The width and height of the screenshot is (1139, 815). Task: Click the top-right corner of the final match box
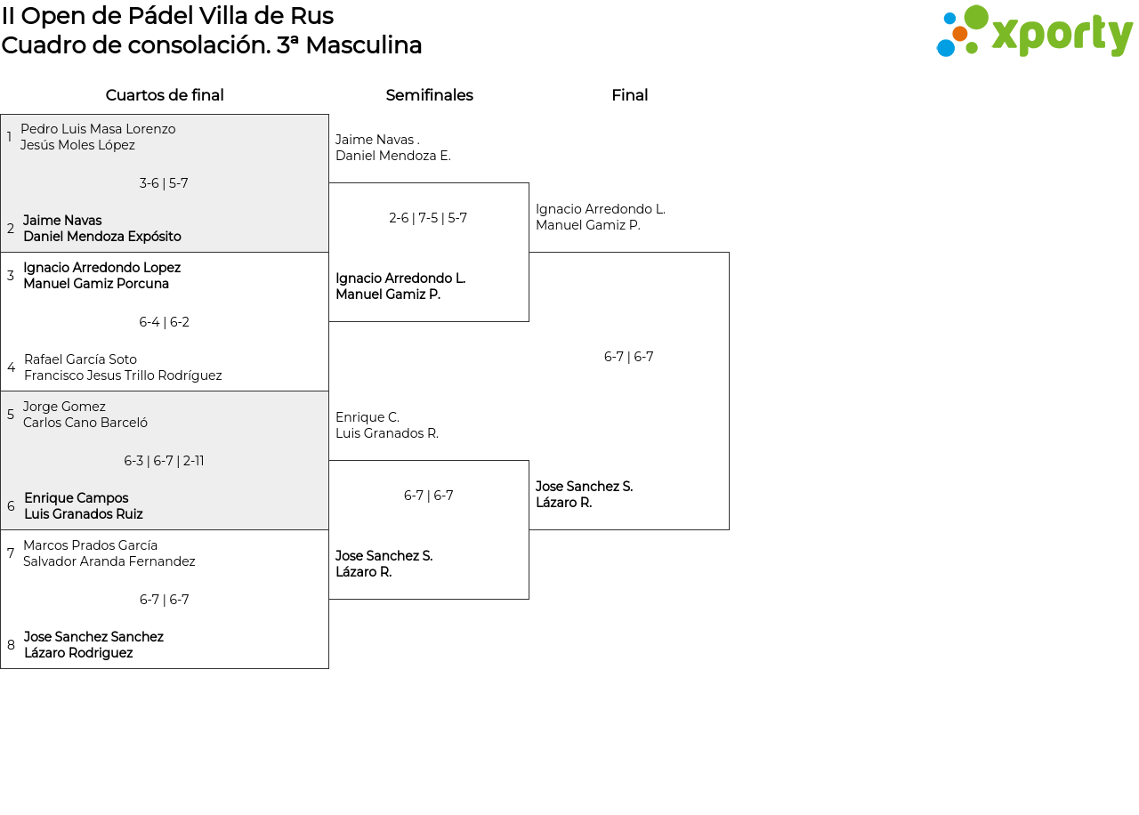point(729,252)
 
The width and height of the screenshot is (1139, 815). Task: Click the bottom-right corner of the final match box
point(729,529)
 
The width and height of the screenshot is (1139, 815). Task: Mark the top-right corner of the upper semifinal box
point(529,183)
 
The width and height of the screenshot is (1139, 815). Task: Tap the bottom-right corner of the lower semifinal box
point(529,599)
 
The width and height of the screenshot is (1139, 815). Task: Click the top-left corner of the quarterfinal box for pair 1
point(1,115)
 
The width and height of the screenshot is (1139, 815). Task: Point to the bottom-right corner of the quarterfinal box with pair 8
point(328,668)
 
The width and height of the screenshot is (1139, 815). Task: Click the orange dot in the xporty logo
point(959,34)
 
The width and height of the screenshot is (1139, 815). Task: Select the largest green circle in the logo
point(976,17)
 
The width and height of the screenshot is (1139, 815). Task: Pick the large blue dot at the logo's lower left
point(946,48)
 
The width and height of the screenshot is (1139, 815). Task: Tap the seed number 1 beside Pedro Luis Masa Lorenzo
point(9,137)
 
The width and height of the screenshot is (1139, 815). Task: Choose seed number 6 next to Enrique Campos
point(11,506)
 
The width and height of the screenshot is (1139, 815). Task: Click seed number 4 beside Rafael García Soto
point(12,367)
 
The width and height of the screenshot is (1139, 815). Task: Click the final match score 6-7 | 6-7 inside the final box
point(628,357)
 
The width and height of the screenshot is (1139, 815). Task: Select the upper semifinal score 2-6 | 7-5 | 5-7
point(428,218)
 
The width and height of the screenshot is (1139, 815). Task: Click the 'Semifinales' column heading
point(429,95)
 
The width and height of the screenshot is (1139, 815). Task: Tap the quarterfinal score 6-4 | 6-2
point(165,322)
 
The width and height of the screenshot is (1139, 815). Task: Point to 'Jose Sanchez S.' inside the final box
point(585,487)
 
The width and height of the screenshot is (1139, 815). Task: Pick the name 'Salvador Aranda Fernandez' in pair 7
point(109,561)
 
